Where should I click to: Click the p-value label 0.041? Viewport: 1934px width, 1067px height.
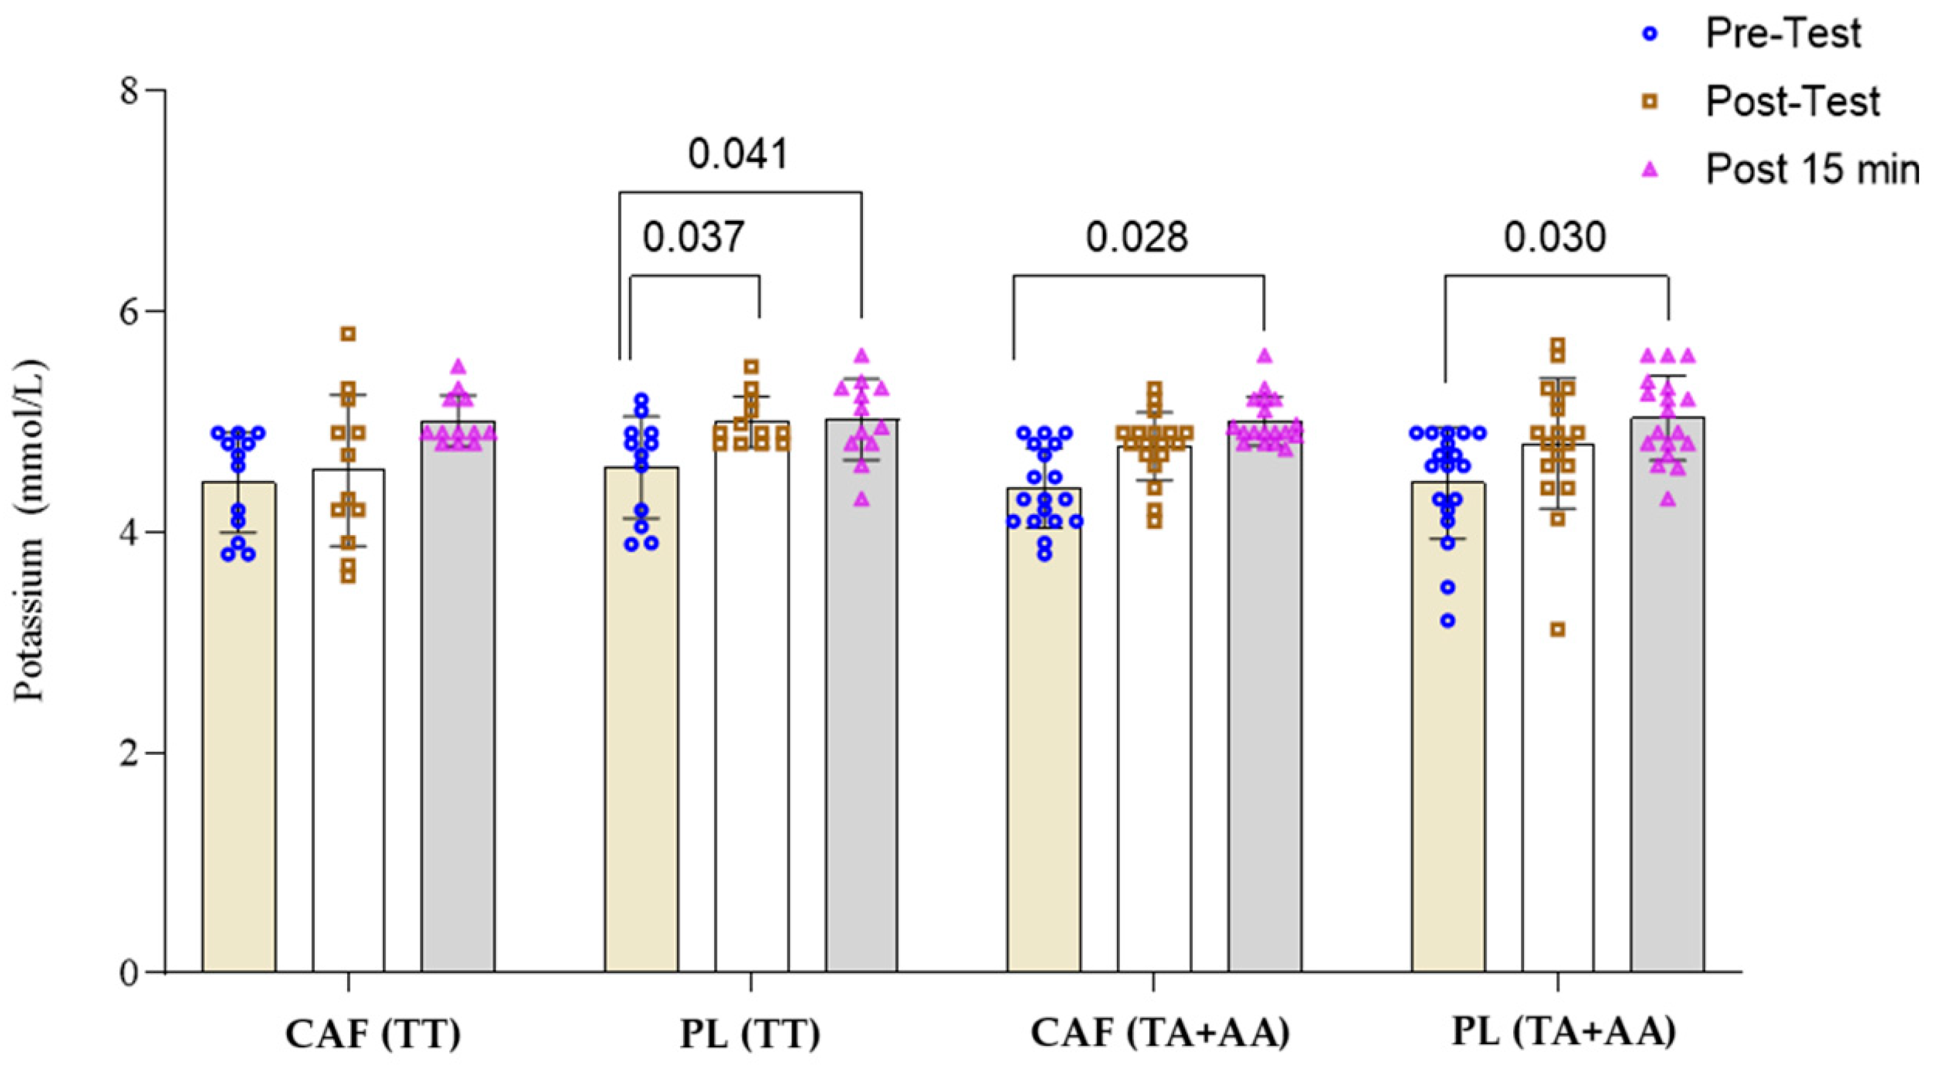tap(738, 154)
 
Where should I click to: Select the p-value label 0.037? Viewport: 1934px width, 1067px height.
tap(693, 237)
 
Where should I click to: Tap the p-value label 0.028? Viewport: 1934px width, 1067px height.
tap(1137, 237)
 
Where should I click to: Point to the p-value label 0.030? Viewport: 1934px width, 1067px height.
tap(1555, 237)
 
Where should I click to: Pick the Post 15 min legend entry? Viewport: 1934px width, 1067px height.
tap(1811, 169)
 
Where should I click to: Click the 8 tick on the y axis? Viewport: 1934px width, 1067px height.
tap(132, 91)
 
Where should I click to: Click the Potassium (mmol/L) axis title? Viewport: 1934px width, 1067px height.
tap(31, 531)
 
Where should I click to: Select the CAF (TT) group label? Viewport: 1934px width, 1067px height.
tap(373, 1034)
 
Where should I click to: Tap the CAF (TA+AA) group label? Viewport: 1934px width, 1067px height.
tap(1160, 1034)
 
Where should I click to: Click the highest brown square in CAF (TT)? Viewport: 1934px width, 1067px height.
tap(348, 333)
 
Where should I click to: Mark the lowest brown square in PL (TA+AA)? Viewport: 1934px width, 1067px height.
tap(1558, 629)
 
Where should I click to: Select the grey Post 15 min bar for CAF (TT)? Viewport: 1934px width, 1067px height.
tap(457, 698)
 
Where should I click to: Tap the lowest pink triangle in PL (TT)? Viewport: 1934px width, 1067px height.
tap(862, 499)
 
